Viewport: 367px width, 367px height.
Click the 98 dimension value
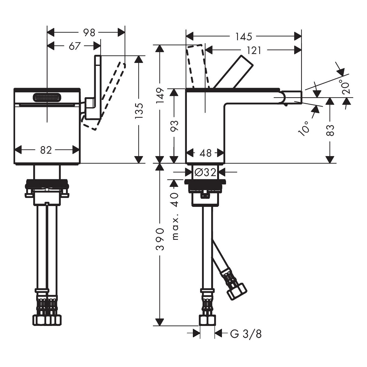click(x=89, y=33)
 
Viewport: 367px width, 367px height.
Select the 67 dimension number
click(x=75, y=46)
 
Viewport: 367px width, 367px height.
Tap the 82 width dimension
click(x=46, y=150)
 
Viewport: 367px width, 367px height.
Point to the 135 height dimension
click(x=139, y=111)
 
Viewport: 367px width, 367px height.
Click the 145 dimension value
click(x=244, y=36)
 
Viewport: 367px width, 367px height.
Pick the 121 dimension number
click(x=254, y=51)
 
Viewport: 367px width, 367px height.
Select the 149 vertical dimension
click(x=160, y=95)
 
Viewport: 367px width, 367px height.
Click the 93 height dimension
click(x=174, y=126)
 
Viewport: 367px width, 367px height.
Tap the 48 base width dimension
click(x=206, y=153)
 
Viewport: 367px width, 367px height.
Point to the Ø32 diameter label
click(x=206, y=173)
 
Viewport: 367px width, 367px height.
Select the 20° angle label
click(x=346, y=88)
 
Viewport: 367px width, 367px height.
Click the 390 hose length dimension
click(x=160, y=239)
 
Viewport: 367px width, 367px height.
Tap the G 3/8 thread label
click(x=246, y=339)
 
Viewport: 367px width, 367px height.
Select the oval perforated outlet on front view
click(x=47, y=97)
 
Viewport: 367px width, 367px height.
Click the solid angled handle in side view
click(x=233, y=72)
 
